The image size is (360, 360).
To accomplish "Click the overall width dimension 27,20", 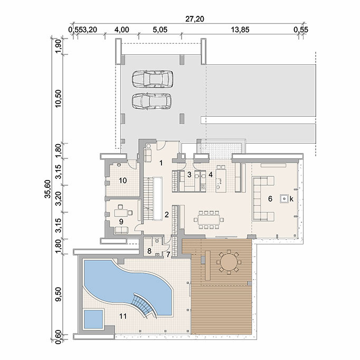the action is [x=195, y=19].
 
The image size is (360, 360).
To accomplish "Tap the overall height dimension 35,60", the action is [x=48, y=189].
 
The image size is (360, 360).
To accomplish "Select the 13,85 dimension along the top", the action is [x=240, y=30].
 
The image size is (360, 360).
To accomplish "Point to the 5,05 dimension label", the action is [x=160, y=30].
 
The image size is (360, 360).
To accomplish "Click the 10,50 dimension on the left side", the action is [x=58, y=98].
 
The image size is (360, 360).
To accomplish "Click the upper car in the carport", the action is [x=152, y=79].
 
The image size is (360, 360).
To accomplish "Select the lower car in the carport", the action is [x=151, y=101].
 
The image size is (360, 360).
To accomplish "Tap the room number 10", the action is [x=123, y=181].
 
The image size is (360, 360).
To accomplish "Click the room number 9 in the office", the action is [x=121, y=222].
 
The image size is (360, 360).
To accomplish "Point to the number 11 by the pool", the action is [x=123, y=316].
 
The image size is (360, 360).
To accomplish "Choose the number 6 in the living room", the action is [x=270, y=198].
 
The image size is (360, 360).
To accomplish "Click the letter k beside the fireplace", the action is [x=291, y=199].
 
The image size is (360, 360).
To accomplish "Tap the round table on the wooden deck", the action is [x=229, y=262].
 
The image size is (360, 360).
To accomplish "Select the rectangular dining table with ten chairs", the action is [x=209, y=220].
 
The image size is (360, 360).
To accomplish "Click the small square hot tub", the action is [x=93, y=319].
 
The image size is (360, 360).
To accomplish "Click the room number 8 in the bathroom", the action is [x=149, y=251].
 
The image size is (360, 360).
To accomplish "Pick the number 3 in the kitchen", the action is [x=189, y=175].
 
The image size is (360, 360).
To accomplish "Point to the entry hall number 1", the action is [x=161, y=163].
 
